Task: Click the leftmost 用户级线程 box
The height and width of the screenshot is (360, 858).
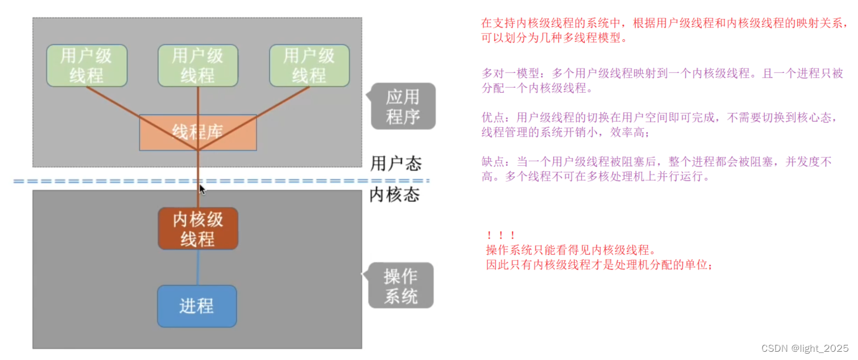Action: click(86, 65)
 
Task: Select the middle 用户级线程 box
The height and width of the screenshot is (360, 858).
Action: click(198, 65)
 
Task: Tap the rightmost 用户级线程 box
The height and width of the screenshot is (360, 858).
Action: click(309, 65)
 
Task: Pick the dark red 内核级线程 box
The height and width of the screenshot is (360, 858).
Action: click(198, 229)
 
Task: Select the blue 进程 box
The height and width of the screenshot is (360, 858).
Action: click(197, 306)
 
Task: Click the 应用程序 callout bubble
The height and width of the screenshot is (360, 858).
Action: click(403, 107)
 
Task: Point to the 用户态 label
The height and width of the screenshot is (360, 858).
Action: click(396, 164)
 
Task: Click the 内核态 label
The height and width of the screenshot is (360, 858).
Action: click(394, 195)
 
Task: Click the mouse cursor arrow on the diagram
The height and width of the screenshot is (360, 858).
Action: click(202, 189)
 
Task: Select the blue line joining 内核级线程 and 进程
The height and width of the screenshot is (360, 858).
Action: click(198, 267)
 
